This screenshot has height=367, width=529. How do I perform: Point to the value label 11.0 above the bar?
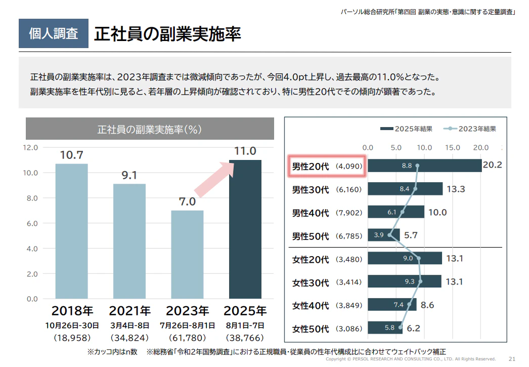click(x=245, y=151)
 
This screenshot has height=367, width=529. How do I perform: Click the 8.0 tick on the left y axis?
click(x=31, y=198)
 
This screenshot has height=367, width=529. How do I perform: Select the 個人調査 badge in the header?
click(x=54, y=34)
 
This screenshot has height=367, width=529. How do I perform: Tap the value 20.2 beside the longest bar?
click(x=492, y=166)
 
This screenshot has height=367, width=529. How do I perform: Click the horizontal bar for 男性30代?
click(x=405, y=189)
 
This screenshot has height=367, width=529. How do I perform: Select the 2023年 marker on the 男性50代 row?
click(x=389, y=235)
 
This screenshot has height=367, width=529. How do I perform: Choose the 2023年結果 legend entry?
click(x=470, y=129)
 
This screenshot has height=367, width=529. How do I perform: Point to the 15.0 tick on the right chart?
click(x=452, y=148)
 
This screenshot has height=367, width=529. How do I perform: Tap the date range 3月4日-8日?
click(x=129, y=325)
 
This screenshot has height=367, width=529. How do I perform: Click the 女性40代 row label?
click(x=311, y=305)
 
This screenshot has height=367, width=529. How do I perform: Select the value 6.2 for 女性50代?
click(x=413, y=329)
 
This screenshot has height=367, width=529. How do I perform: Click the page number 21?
click(x=512, y=359)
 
